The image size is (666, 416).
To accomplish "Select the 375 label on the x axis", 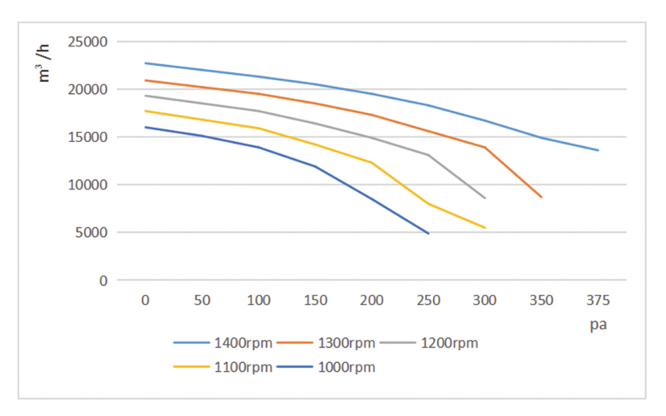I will click(x=598, y=301).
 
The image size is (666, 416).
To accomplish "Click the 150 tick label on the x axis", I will click(x=315, y=301).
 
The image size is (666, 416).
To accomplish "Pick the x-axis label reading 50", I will click(x=202, y=301).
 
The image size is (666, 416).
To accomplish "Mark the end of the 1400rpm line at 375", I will click(x=598, y=150).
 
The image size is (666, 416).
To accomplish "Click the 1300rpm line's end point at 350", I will click(x=541, y=197).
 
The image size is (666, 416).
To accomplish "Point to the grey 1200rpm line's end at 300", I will click(x=484, y=198).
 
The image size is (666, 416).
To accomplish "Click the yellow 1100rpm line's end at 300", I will click(x=484, y=228).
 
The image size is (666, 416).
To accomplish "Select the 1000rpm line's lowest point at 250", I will click(x=428, y=233).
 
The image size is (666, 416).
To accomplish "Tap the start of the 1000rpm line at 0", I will click(x=145, y=127).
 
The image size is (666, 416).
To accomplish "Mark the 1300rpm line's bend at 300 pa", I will click(x=484, y=147).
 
